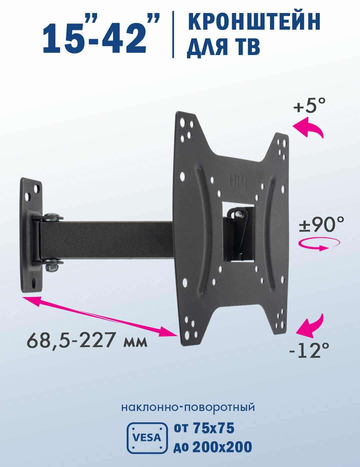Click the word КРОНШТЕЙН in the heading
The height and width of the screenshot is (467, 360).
[254, 22]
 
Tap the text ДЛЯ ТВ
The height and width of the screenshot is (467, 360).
[223, 47]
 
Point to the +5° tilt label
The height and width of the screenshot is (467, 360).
[309, 106]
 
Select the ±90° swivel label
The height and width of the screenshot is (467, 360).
[321, 224]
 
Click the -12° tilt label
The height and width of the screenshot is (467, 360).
[309, 350]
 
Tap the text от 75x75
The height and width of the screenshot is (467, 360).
[204, 428]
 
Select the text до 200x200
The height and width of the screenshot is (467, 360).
[213, 447]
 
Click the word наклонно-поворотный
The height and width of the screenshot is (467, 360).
[188, 407]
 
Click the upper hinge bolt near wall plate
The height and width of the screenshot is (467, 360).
[52, 217]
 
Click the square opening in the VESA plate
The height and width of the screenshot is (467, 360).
[238, 231]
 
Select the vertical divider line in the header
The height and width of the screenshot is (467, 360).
[173, 34]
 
